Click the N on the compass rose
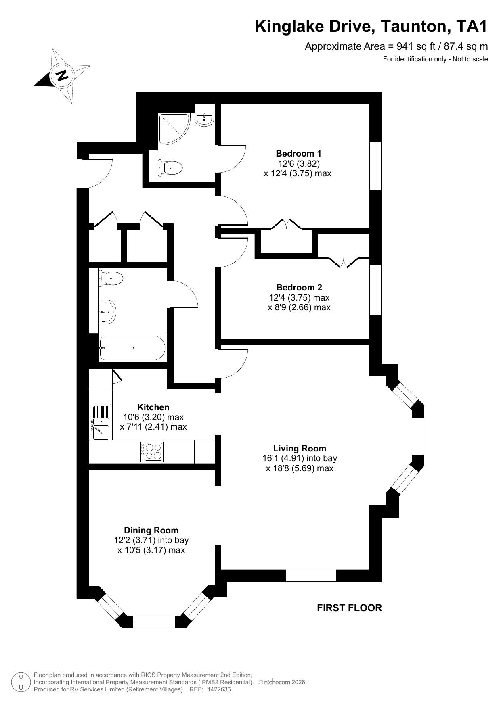[x=62, y=75]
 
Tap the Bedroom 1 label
[x=298, y=153]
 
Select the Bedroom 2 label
[x=299, y=287]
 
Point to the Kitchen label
[x=153, y=407]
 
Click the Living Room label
[x=300, y=448]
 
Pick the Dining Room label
[x=151, y=530]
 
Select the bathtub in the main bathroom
[x=132, y=348]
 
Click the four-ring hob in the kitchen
[x=152, y=452]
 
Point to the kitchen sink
[x=100, y=422]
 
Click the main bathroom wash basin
[x=107, y=311]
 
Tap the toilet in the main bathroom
[x=111, y=278]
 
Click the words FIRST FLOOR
[x=350, y=608]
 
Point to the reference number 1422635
[x=218, y=689]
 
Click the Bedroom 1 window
[x=376, y=165]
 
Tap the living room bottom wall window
[x=311, y=576]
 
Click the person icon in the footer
[x=21, y=682]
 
